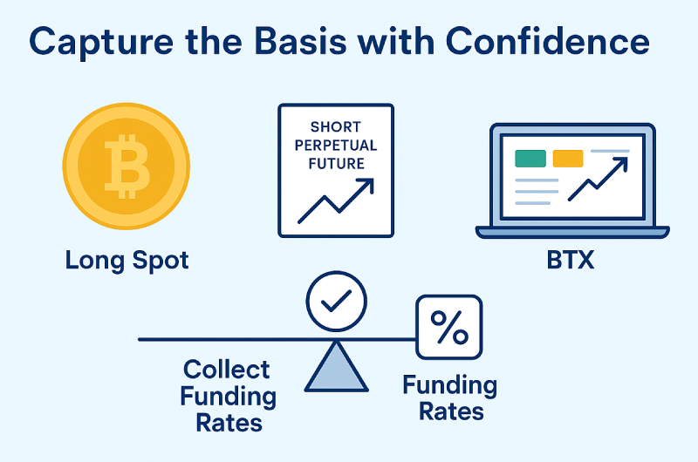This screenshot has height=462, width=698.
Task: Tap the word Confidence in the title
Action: coord(547,41)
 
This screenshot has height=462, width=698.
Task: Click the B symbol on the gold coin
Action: coord(127,166)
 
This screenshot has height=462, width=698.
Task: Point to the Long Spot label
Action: coord(127,261)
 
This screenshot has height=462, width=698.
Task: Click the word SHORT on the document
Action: coord(336,126)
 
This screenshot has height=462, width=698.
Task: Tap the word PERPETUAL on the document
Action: coord(336,146)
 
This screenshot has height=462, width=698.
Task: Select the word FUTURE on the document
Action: coord(336,164)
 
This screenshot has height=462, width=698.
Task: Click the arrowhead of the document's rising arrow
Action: coord(366,186)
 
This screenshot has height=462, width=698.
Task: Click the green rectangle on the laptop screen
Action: coord(530,159)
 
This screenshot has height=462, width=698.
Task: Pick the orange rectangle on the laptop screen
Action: coord(568,159)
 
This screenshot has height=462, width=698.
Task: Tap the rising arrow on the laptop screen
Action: coord(598,180)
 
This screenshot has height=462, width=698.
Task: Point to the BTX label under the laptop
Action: coord(571,260)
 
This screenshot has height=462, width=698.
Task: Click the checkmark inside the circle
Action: coord(337,301)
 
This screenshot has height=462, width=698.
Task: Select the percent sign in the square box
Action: coord(449,327)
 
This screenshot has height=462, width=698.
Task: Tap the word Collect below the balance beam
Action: coord(227,370)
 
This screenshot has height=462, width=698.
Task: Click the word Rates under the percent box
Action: coord(451,411)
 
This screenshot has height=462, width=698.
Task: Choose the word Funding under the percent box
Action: coord(450,386)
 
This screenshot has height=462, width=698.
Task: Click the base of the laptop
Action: coord(572,232)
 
